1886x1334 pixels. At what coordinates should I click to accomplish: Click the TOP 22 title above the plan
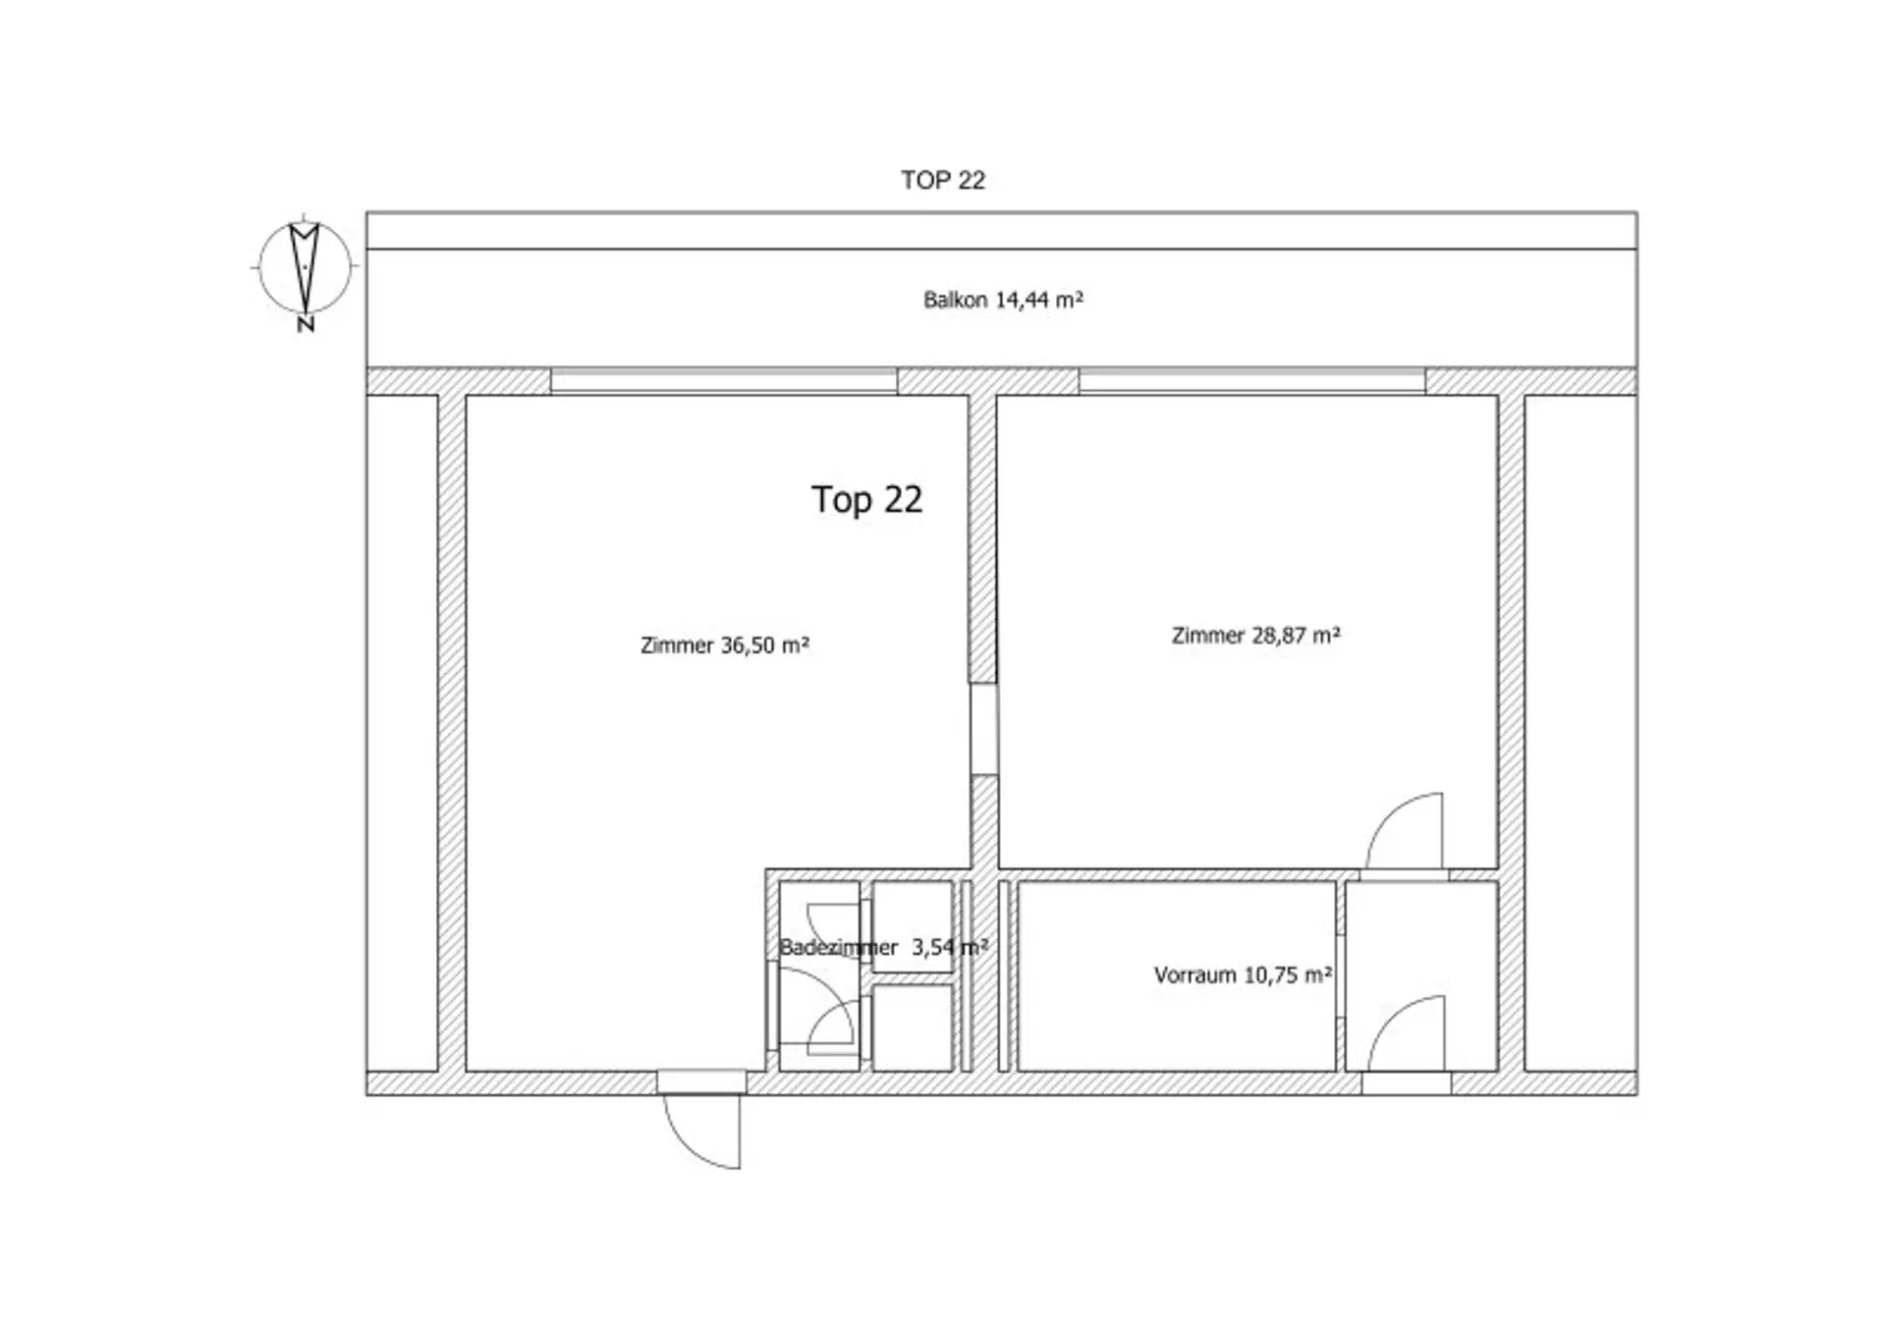tap(943, 180)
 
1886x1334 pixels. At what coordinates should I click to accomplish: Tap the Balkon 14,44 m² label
tap(1003, 300)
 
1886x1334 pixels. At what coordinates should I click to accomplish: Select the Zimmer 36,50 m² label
tap(725, 645)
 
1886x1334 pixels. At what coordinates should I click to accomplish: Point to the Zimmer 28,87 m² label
tap(1256, 636)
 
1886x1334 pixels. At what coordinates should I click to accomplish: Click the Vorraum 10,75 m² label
tap(1243, 975)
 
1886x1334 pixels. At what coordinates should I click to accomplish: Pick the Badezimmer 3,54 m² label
tap(883, 947)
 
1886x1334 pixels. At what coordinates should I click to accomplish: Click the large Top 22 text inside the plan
tap(866, 500)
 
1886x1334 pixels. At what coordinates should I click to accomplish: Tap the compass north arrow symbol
tap(305, 266)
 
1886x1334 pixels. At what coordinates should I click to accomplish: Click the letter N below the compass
tap(305, 323)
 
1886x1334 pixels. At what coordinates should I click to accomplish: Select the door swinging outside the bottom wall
tap(702, 1130)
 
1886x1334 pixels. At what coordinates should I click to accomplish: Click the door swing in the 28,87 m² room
tap(1404, 831)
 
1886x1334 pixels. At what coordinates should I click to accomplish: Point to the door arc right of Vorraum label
tap(1406, 1033)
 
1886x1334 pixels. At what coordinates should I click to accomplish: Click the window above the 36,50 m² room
tap(724, 381)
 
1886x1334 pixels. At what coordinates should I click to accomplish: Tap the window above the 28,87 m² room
tap(1252, 381)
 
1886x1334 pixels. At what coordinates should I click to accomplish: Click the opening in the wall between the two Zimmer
tap(984, 729)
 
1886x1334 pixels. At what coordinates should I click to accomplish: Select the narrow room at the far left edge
tap(402, 733)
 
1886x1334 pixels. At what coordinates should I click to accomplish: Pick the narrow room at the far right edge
tap(1581, 733)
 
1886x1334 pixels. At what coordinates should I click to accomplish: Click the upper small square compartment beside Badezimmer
tap(913, 927)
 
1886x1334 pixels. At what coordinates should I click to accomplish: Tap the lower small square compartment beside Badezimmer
tap(913, 1028)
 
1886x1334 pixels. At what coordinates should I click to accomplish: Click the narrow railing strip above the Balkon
tap(1002, 231)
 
